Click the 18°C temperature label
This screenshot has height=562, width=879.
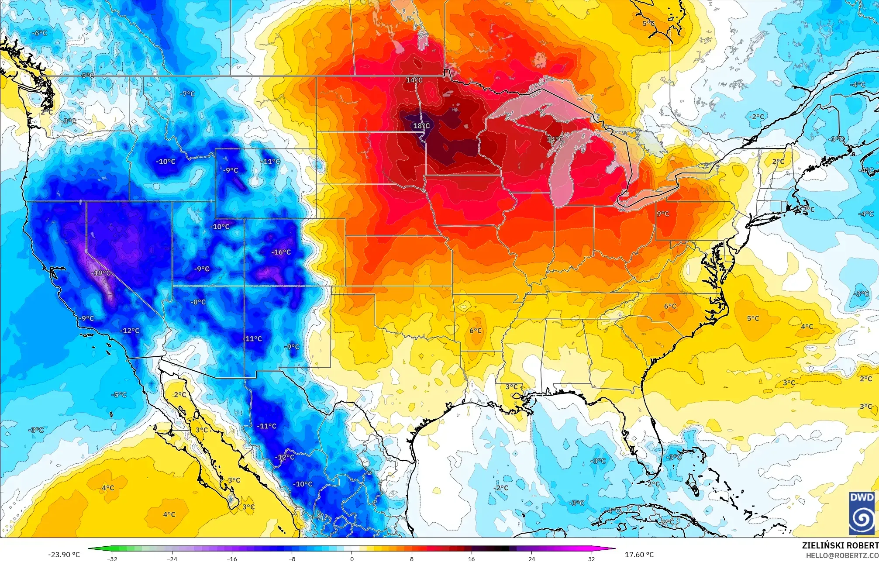[421, 126]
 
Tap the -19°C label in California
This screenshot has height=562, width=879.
[101, 273]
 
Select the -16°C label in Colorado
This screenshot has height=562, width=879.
[281, 252]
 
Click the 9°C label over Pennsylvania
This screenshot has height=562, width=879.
[663, 214]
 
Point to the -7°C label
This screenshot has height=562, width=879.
[187, 93]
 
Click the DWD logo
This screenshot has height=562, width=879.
[862, 513]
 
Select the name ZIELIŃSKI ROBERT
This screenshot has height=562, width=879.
[840, 545]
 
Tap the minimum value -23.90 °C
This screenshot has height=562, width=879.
[64, 555]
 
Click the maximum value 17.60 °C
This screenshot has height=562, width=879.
[639, 555]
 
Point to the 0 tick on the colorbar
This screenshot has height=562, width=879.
[352, 559]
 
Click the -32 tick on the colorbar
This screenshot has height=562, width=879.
[112, 559]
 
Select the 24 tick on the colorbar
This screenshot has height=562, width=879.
[531, 559]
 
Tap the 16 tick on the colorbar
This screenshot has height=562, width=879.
[472, 559]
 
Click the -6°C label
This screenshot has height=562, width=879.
[40, 33]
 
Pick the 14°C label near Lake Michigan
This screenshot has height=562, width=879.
[555, 139]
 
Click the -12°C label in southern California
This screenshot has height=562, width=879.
[130, 331]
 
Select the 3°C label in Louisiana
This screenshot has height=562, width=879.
[511, 386]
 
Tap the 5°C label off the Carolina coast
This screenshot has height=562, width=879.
[753, 318]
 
